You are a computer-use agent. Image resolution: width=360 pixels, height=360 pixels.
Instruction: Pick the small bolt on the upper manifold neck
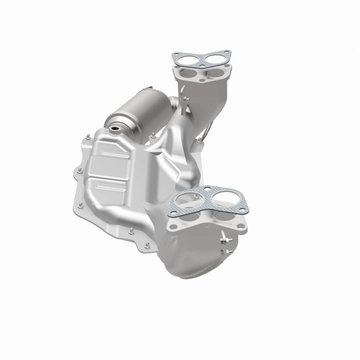click(x=186, y=99)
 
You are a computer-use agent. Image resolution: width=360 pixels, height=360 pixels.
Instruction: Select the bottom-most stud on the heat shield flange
click(x=147, y=246)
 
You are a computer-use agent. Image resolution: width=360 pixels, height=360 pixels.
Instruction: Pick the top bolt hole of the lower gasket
click(x=207, y=189)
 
